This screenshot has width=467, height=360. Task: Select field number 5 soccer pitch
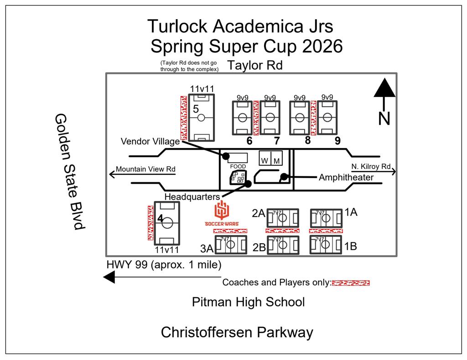200,117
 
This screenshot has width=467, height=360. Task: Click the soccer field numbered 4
167,223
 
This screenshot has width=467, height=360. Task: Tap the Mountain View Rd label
145,169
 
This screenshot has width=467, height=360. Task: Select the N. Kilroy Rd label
371,166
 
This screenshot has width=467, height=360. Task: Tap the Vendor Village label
150,142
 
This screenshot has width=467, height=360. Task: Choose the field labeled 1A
325,218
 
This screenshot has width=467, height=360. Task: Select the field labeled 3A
230,244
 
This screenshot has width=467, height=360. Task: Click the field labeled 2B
282,244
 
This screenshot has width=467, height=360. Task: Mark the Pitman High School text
248,302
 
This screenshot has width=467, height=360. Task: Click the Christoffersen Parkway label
237,333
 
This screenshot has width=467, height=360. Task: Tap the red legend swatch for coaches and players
350,283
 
